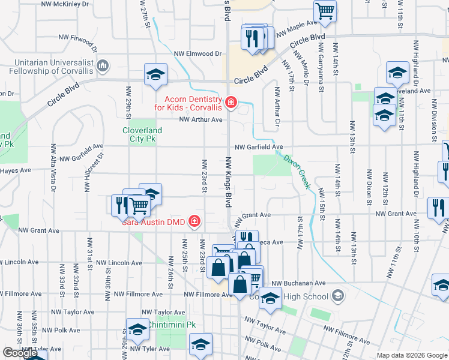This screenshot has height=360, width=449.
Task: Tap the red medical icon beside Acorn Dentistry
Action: (229, 103)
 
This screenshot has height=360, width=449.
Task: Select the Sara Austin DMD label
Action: (154, 223)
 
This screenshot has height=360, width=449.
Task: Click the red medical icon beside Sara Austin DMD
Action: (194, 223)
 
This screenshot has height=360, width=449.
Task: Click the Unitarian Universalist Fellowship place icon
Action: (103, 65)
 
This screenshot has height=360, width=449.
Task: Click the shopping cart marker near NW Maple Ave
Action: (324, 10)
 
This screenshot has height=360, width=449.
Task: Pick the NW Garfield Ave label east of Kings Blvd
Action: (258, 147)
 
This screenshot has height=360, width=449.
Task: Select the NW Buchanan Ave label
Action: (298, 283)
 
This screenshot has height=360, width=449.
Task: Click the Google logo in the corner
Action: (20, 353)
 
